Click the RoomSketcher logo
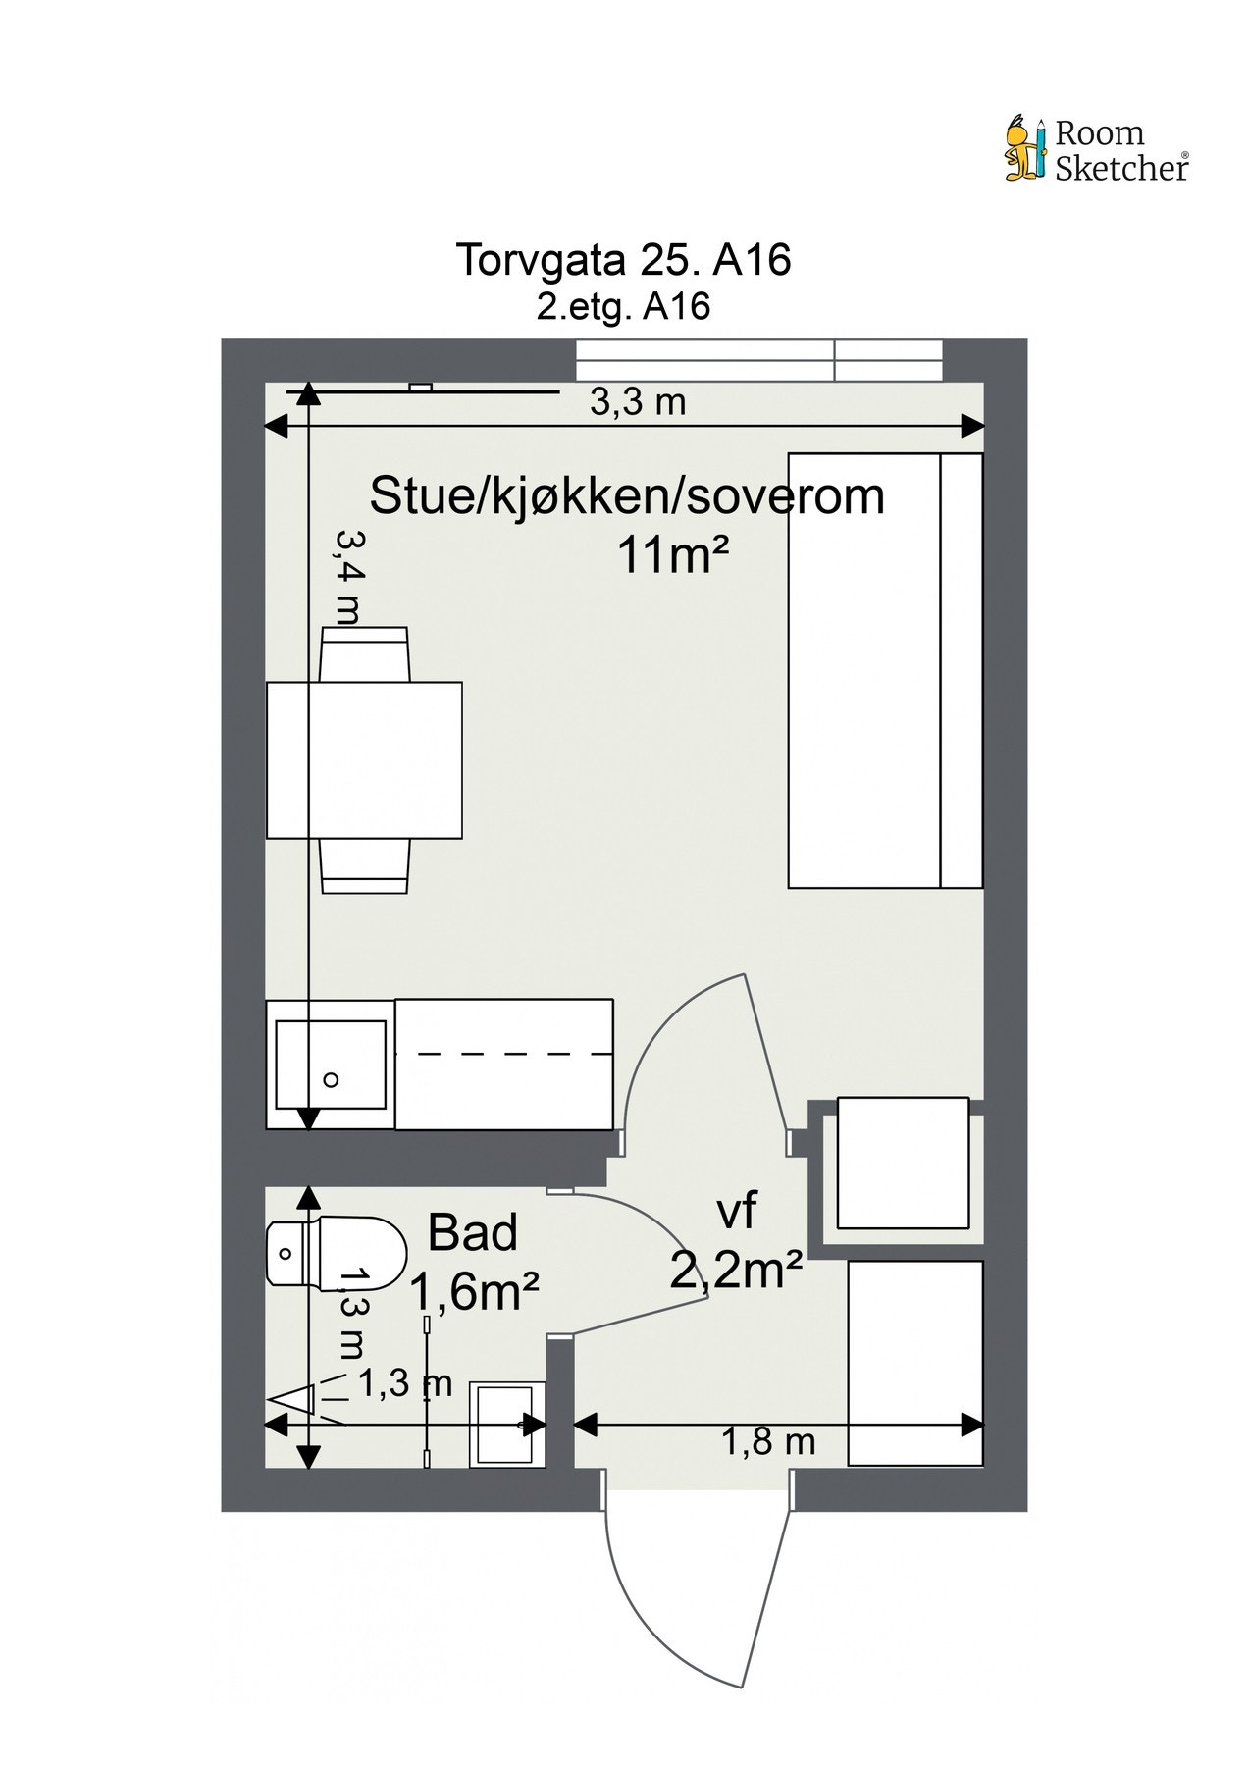tap(1097, 150)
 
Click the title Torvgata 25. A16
tap(623, 261)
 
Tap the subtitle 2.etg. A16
tap(623, 307)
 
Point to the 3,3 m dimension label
tap(637, 402)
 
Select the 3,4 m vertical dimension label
tap(347, 578)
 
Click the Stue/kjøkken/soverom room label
tap(627, 496)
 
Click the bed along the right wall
tap(886, 670)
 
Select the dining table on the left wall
tap(364, 760)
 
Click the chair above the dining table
tap(365, 654)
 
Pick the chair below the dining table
tap(365, 866)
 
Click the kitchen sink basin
tap(331, 1065)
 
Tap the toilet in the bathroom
tap(336, 1253)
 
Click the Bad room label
tap(473, 1233)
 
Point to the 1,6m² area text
tap(474, 1292)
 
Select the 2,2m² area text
tap(737, 1271)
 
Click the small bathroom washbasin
tap(507, 1425)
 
